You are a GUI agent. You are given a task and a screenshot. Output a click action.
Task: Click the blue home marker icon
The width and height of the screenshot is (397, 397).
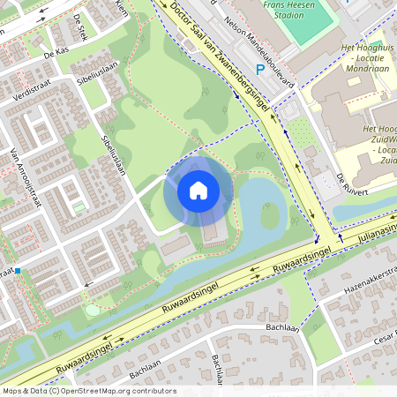coord(198,190)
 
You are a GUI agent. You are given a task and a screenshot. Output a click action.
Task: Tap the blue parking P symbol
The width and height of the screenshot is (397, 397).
coord(260,70)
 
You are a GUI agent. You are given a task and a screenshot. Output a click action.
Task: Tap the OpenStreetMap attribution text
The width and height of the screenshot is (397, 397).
coord(89,390)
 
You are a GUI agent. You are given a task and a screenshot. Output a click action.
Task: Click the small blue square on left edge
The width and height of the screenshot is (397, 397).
coord(17,270)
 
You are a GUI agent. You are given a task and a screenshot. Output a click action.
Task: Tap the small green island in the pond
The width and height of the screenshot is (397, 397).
coord(270,214)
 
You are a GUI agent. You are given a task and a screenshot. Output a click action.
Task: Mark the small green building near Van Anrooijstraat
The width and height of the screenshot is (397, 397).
coord(79,206)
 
